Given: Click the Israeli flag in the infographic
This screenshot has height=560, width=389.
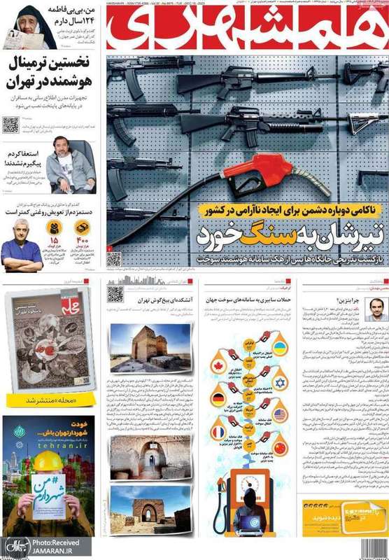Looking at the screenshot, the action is (281, 382).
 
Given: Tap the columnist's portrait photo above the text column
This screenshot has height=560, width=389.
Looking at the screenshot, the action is (375, 309).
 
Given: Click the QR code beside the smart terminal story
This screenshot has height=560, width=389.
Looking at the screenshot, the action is (10, 125).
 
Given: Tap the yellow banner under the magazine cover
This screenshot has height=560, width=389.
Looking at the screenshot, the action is (48, 400).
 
